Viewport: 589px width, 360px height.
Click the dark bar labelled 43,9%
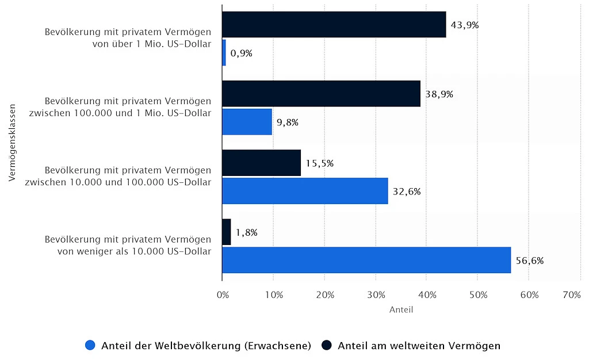click(x=334, y=25)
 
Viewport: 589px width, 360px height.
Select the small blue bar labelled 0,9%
click(x=224, y=53)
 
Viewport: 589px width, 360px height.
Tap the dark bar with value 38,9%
click(x=321, y=94)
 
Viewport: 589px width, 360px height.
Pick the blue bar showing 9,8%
click(x=247, y=122)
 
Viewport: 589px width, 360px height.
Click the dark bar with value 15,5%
click(x=261, y=163)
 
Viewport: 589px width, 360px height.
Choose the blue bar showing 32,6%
click(x=305, y=191)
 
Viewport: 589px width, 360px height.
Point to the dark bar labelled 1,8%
click(x=226, y=232)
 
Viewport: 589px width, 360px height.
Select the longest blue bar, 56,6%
click(x=366, y=260)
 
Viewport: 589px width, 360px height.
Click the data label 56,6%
click(x=530, y=261)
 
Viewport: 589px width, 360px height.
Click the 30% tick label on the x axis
click(x=376, y=295)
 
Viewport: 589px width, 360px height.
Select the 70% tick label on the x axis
click(x=572, y=295)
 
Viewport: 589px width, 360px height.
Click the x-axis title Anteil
click(x=401, y=310)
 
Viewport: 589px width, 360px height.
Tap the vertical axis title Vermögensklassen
click(x=12, y=143)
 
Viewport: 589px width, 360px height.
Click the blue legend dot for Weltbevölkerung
click(x=90, y=346)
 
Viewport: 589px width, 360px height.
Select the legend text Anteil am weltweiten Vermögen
click(x=419, y=346)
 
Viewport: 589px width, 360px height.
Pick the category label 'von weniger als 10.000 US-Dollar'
click(x=133, y=251)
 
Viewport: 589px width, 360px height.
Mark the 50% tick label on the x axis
click(x=479, y=295)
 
